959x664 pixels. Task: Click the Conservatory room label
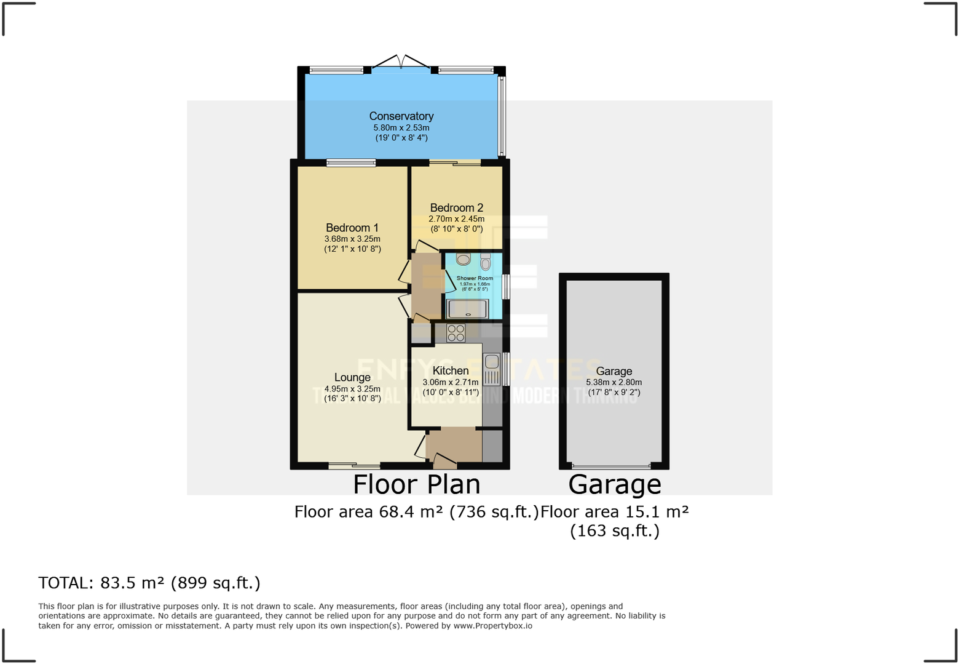(x=401, y=116)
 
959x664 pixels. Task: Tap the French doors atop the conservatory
(x=401, y=63)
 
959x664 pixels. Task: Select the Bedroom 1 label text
(x=352, y=228)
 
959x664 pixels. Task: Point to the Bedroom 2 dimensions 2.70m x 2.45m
(x=456, y=219)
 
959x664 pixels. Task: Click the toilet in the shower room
(x=486, y=263)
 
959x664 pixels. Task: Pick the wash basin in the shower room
(x=463, y=258)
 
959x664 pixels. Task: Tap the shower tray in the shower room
(x=467, y=309)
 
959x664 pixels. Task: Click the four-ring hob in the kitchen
(x=456, y=333)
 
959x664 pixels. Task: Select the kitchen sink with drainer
(x=492, y=369)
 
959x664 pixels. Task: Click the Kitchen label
(x=450, y=370)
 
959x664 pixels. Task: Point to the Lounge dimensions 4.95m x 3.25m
(x=352, y=389)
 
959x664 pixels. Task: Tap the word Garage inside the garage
(x=614, y=371)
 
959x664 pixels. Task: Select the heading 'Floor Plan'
(x=416, y=484)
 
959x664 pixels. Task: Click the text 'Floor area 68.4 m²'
(x=369, y=512)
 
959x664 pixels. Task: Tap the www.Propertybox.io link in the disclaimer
(x=492, y=626)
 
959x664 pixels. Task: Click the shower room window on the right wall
(x=505, y=287)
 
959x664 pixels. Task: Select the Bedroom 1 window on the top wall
(x=350, y=163)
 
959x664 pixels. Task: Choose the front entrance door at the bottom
(x=444, y=460)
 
